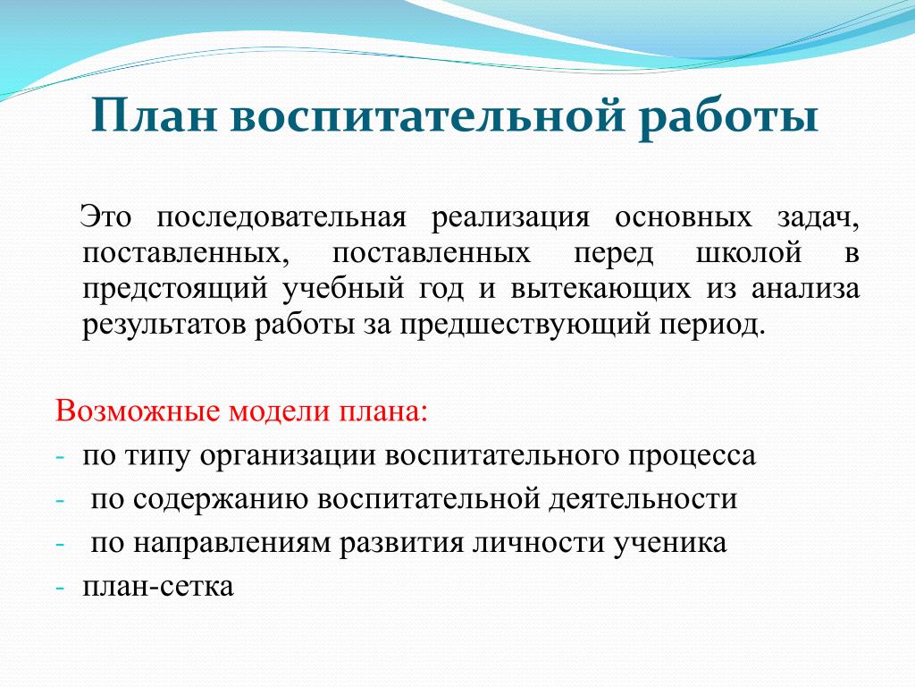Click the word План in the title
(x=154, y=115)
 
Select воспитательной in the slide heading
(x=428, y=115)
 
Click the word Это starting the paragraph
(x=105, y=217)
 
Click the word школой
(x=749, y=254)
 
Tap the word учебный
(x=343, y=289)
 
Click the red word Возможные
(x=138, y=411)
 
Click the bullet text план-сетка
(x=158, y=587)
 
